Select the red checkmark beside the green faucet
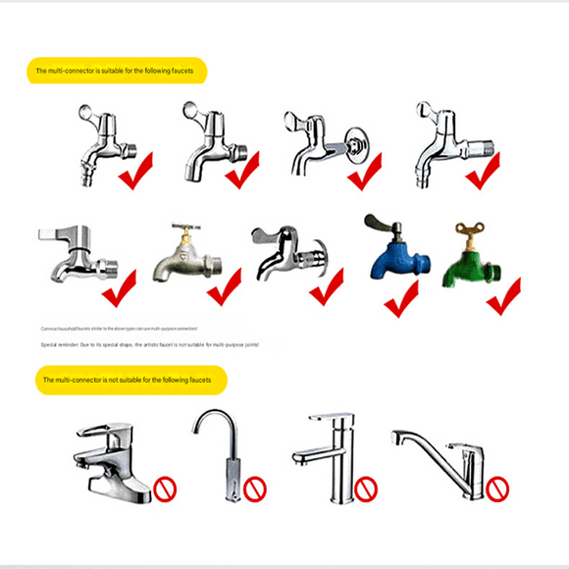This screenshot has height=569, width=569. click(x=502, y=294)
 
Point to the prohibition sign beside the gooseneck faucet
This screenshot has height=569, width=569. click(x=256, y=487)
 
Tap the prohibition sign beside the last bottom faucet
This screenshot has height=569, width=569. click(x=498, y=486)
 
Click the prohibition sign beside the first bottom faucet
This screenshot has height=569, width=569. click(x=164, y=486)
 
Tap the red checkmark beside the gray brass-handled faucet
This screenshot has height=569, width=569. click(x=224, y=285)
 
